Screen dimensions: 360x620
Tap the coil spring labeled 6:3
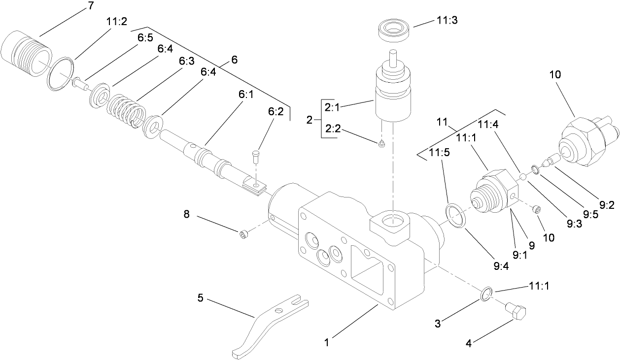[124, 109]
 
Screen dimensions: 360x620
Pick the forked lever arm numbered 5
[267, 325]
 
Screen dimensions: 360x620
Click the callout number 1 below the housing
[327, 339]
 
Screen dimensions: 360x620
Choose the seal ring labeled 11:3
[395, 29]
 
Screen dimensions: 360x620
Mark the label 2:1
[332, 106]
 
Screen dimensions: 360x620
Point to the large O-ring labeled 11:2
[61, 74]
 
